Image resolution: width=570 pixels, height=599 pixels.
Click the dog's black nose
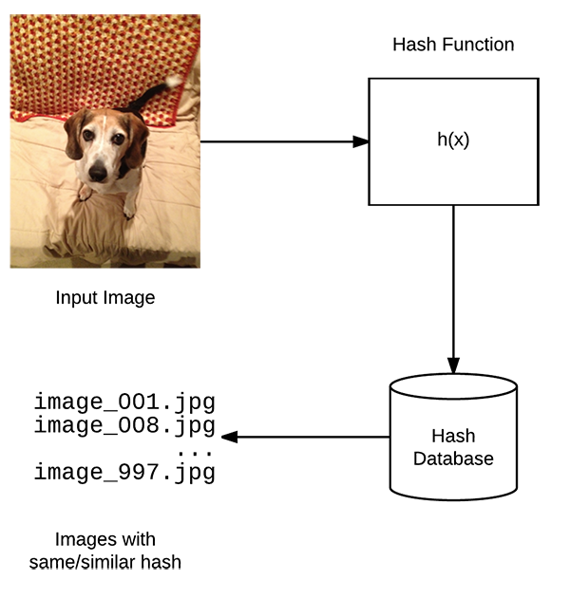(x=98, y=173)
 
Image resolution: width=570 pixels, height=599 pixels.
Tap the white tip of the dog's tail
(x=174, y=81)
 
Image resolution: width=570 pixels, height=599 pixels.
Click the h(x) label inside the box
(x=453, y=140)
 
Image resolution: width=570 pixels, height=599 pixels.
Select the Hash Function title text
(x=453, y=45)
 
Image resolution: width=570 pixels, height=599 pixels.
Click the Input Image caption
(x=105, y=298)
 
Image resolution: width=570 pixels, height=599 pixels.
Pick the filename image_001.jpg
(x=124, y=402)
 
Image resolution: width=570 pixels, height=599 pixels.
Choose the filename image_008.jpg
(x=124, y=425)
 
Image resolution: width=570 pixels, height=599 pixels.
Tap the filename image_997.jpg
(x=124, y=473)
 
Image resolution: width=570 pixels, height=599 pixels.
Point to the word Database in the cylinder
(x=453, y=459)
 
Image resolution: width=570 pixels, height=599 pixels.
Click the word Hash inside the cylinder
(x=453, y=436)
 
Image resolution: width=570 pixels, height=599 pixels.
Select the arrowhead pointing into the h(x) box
(x=361, y=141)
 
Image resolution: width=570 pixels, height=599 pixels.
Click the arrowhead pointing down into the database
(x=453, y=366)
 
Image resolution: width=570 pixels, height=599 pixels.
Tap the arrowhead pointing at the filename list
(x=229, y=437)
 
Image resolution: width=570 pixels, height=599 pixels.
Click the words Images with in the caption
(x=105, y=540)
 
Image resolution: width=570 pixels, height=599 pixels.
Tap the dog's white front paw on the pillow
(x=129, y=210)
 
